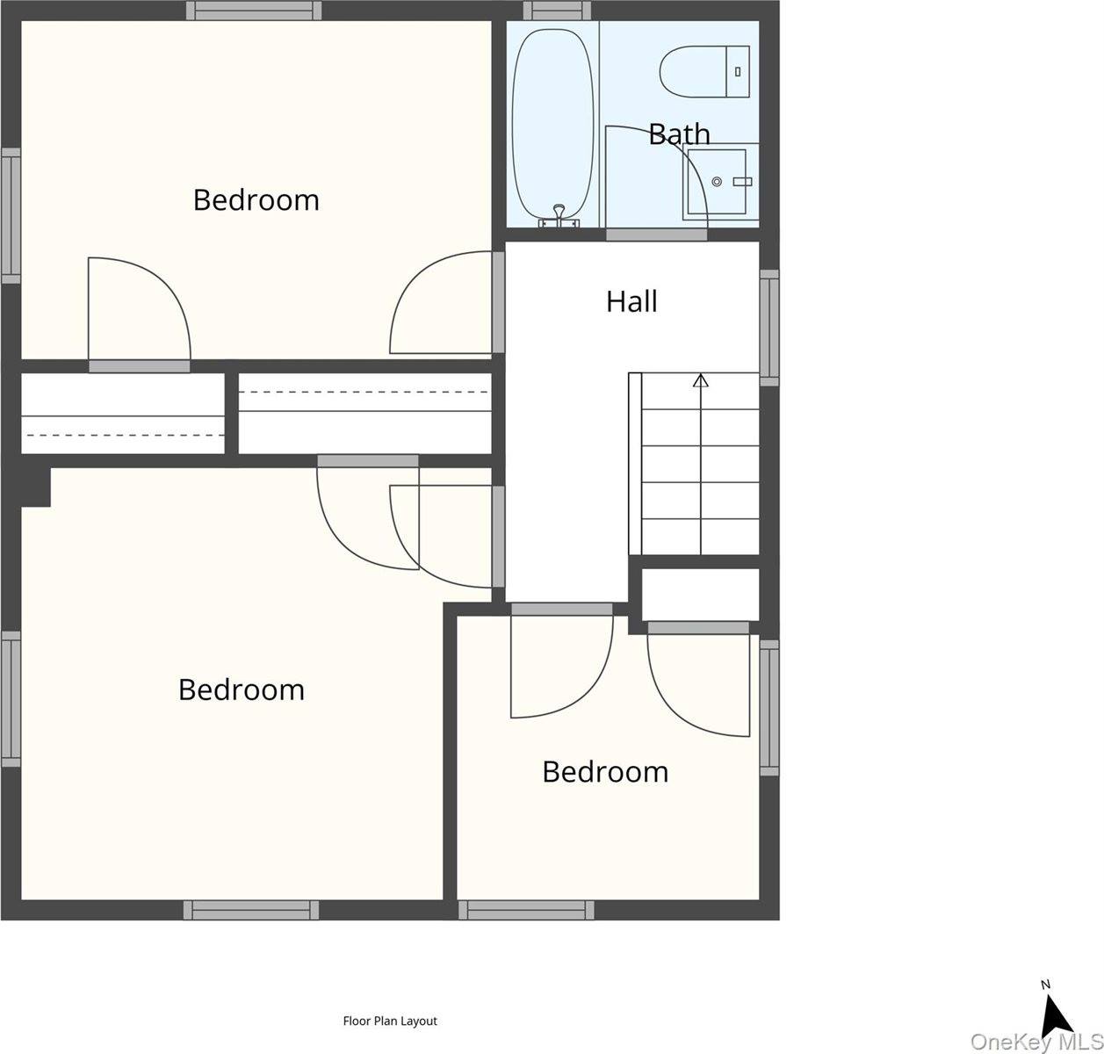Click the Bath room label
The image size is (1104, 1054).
coord(679,135)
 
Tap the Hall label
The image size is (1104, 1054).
coord(631,301)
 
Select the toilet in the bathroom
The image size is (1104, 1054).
coord(704,72)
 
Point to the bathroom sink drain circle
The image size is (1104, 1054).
coord(717,182)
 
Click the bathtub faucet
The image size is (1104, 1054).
coord(559,217)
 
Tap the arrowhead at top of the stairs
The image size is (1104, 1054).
coord(701,380)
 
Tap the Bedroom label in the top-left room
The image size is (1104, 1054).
coord(256,200)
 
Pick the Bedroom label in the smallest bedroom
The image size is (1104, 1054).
coord(605,772)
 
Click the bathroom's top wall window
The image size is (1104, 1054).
coord(557,11)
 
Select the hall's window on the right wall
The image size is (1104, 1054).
coord(769,328)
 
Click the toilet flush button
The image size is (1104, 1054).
coord(738,72)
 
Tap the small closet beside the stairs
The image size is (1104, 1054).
coord(700,596)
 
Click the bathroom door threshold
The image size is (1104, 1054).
coord(656,235)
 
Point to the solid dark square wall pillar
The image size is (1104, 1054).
coord(36,487)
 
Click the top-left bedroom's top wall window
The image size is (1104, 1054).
coord(254,11)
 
